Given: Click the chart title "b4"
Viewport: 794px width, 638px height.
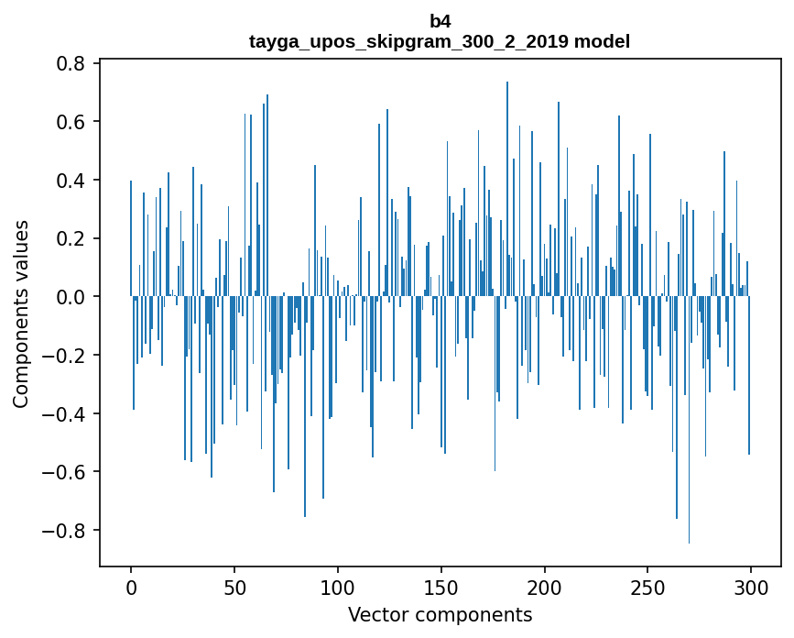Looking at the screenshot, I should pos(440,21).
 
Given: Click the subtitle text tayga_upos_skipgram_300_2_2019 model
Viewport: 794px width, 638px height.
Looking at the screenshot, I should pos(440,41).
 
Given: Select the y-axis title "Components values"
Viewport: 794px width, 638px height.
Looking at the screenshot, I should pos(21,313).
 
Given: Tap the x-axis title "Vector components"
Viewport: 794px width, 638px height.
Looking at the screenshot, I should pos(440,614).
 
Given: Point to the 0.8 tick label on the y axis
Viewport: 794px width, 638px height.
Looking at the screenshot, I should pos(71,63).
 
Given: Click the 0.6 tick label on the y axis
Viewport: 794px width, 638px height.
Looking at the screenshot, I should pos(71,122).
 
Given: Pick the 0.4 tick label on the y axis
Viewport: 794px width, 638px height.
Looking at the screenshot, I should pos(71,181).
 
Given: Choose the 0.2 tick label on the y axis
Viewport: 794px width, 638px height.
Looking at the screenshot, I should pos(71,238).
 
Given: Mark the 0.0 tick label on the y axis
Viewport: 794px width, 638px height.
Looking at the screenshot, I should pos(71,297).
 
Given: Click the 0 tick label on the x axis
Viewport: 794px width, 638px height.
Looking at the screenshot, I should pos(131,586).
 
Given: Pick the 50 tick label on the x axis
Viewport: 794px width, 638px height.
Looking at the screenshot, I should pos(234,586).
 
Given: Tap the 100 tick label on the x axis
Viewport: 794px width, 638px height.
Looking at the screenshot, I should pos(338,586).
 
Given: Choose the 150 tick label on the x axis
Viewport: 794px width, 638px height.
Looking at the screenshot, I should pos(441,586).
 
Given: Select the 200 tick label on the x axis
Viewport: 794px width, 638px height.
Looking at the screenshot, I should pos(544,586).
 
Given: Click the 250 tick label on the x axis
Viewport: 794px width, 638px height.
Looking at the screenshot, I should pos(647,586).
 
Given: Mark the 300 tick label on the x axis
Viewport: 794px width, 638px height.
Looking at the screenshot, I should pos(751,586).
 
